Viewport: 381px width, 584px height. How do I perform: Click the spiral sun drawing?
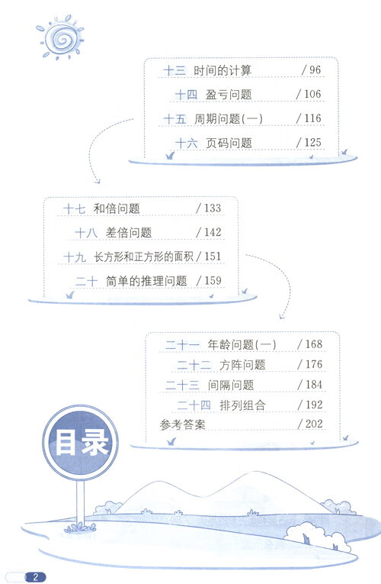coord(60,37)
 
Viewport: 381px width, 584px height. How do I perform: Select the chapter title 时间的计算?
coord(223,70)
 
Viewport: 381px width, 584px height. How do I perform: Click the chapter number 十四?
coord(186,94)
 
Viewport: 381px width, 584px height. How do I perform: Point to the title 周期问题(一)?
coord(229,119)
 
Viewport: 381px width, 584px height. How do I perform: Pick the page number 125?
coord(312,142)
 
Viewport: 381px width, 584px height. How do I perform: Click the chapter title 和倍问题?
coord(117,208)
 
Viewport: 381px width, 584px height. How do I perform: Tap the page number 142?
coord(213,232)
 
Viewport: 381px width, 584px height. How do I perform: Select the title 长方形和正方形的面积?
coord(143,257)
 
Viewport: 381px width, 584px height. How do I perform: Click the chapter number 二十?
coord(86,281)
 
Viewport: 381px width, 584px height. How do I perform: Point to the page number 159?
coord(213,280)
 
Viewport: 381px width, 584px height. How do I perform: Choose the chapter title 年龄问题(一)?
coord(242,344)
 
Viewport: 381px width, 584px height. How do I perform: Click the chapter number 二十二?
coord(194,365)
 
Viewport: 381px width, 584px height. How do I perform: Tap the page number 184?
coord(314,384)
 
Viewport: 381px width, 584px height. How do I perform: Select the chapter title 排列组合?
coord(243,405)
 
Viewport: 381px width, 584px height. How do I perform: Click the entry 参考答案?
coord(183,424)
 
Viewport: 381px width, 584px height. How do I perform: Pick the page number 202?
coord(314,424)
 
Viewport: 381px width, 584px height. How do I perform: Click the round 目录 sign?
coord(80,442)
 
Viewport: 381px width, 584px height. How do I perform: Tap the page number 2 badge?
coord(35,577)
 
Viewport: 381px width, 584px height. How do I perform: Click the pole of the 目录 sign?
coord(80,503)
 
